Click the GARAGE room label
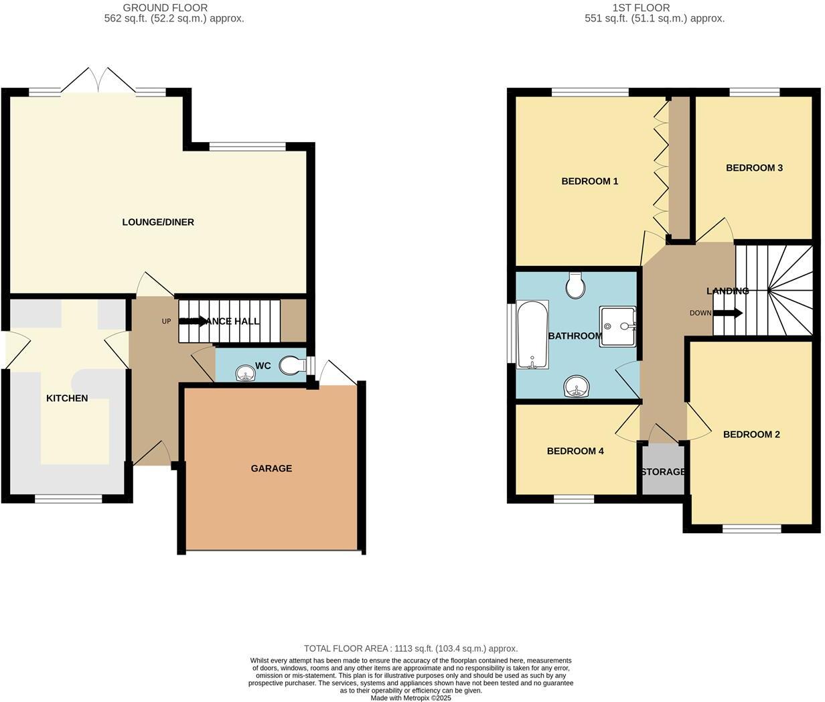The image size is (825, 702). pos(271,468)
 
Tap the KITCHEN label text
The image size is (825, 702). pos(67,398)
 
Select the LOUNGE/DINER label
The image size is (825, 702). pos(158,222)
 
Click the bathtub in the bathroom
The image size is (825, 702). pos(533,334)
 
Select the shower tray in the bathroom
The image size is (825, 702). pos(617,326)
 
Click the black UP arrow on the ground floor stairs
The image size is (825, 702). pos(194,321)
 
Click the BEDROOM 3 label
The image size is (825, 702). pos(754,167)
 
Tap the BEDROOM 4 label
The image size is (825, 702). pos(575,451)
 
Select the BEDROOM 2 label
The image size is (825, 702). pos(751,434)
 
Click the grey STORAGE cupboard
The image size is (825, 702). pos(662,471)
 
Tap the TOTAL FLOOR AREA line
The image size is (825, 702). pos(410,648)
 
